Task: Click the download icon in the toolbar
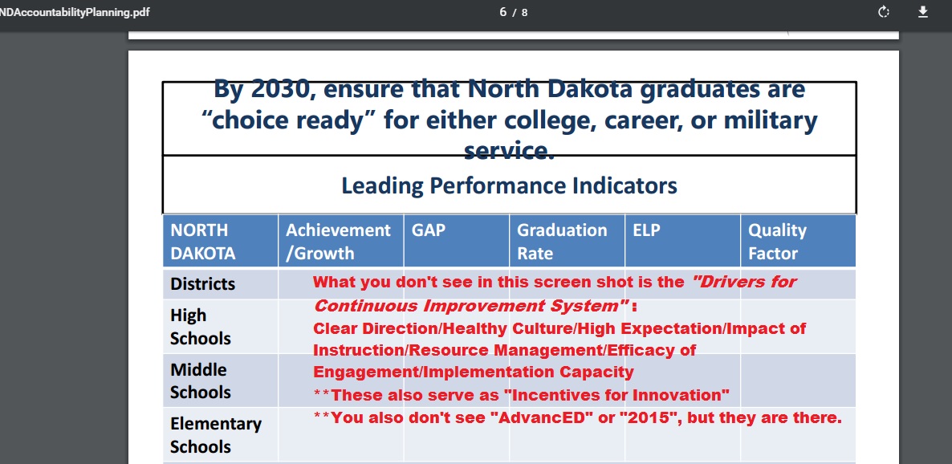click(923, 12)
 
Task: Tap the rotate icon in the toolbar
click(884, 12)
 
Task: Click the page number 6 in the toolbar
click(502, 12)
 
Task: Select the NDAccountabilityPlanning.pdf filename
click(74, 12)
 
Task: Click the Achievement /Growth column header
click(338, 241)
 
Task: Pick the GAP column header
click(428, 230)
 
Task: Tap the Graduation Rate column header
click(562, 241)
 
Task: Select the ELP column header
click(646, 230)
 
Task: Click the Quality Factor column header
click(777, 241)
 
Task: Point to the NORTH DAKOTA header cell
click(202, 241)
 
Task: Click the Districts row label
click(202, 283)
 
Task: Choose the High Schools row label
click(201, 326)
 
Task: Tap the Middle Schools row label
click(201, 381)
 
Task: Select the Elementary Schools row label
click(216, 435)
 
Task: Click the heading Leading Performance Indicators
click(509, 185)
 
